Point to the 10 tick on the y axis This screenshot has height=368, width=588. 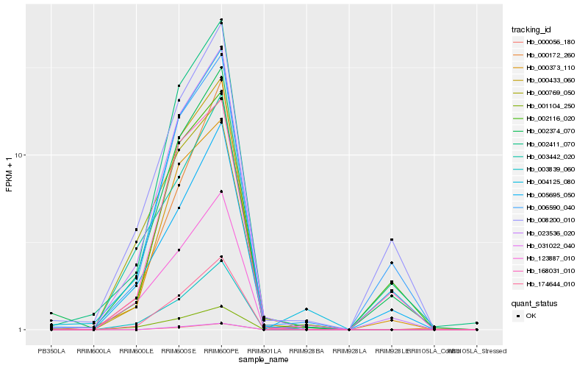(x=20, y=155)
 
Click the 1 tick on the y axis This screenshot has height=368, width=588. (x=21, y=330)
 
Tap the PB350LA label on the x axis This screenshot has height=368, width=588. (x=51, y=351)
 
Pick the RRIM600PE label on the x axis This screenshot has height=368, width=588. (x=221, y=351)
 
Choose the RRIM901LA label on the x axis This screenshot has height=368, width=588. (x=264, y=351)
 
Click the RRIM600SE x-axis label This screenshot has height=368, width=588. (x=179, y=351)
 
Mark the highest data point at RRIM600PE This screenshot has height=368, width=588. (x=221, y=20)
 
